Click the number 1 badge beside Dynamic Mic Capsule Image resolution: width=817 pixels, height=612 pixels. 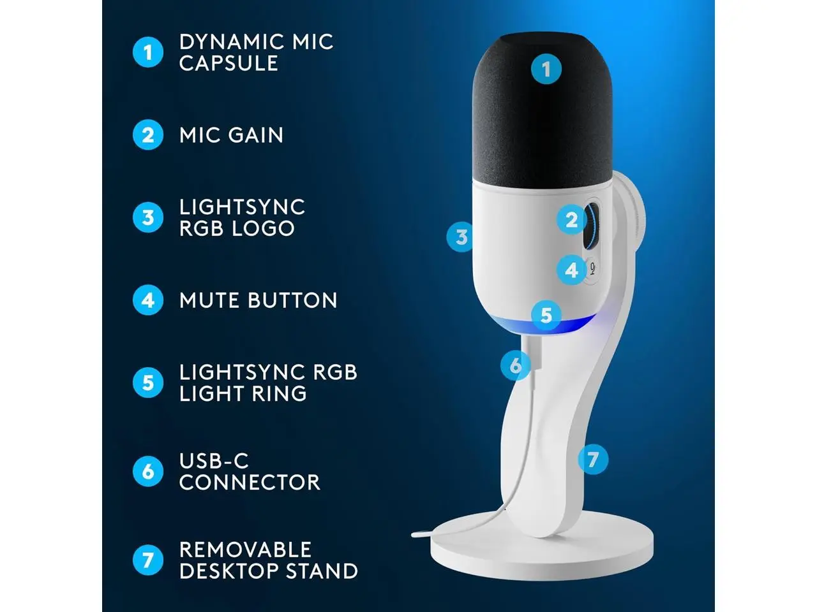point(148,52)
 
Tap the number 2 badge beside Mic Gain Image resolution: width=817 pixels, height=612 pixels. point(148,135)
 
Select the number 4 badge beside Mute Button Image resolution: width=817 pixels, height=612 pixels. point(148,300)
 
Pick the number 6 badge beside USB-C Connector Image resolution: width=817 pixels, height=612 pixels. point(148,472)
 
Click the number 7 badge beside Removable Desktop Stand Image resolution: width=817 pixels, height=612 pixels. point(148,560)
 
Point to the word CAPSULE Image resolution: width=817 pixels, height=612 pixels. point(229,63)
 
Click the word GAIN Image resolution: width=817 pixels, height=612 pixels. point(256,135)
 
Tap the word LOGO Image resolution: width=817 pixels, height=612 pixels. point(263,228)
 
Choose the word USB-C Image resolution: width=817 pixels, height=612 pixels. point(214,461)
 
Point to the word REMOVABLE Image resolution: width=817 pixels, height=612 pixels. point(245,550)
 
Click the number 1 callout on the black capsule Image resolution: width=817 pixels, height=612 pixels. point(546,69)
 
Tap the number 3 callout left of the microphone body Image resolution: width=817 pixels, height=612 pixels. point(461,237)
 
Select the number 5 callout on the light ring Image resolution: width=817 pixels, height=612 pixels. point(546,315)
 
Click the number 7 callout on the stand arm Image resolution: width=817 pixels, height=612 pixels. point(593,459)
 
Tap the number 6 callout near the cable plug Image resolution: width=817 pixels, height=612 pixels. point(516,366)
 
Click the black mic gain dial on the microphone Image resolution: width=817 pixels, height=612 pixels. point(592,227)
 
